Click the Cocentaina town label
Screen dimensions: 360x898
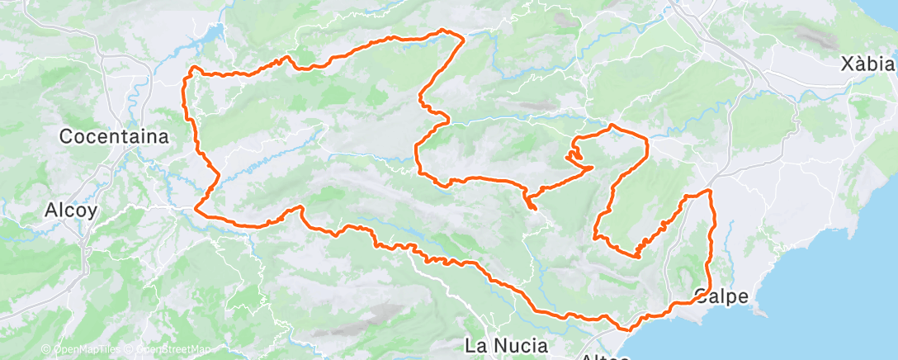[x=114, y=137]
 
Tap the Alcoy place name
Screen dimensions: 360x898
[x=72, y=211]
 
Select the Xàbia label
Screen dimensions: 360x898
[x=866, y=64]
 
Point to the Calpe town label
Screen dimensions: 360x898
[x=722, y=296]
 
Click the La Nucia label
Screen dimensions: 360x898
[x=507, y=343]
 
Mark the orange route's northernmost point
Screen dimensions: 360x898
[x=447, y=31]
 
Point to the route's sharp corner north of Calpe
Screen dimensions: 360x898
[x=709, y=192]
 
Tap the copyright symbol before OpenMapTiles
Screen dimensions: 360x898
[x=45, y=350]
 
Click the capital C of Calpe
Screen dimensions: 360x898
[x=702, y=296]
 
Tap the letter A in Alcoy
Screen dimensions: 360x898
[x=51, y=211]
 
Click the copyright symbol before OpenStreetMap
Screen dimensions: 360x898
[x=130, y=350]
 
